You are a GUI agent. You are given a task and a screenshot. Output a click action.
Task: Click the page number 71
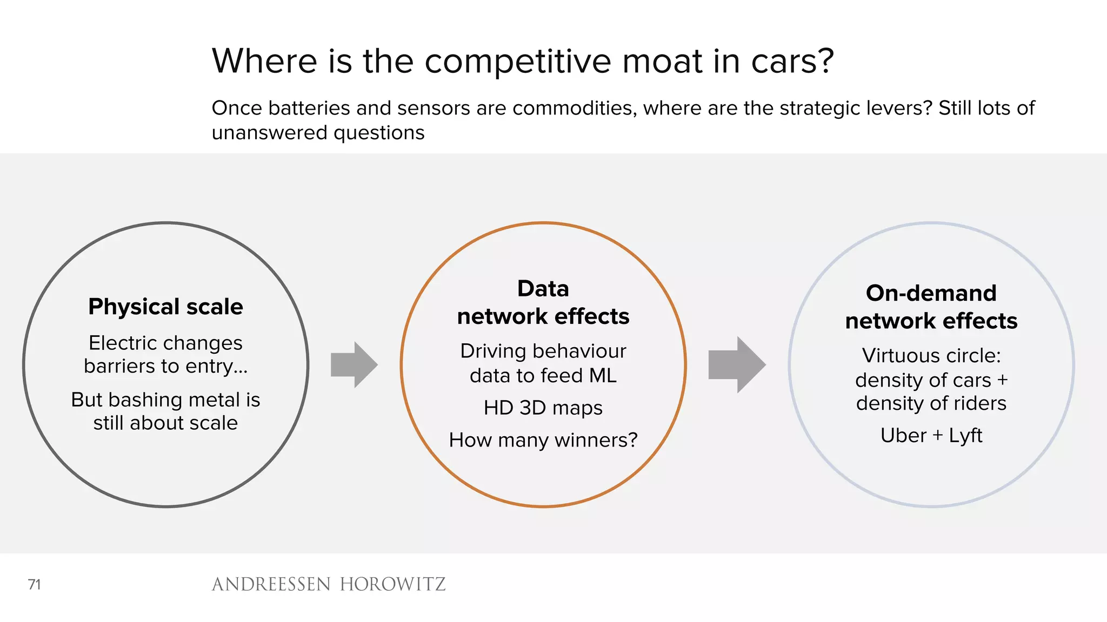(34, 584)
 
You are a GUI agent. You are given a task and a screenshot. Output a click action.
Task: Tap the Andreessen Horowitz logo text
(329, 584)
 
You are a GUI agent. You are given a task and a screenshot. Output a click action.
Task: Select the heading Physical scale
(165, 307)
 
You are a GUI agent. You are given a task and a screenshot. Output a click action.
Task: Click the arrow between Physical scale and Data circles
(354, 364)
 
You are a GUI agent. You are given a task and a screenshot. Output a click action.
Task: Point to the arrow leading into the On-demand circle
(737, 364)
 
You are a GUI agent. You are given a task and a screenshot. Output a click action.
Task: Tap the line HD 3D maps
(543, 408)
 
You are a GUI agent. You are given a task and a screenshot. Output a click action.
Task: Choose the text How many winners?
(543, 440)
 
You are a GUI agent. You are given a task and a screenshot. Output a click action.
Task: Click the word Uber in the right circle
(903, 435)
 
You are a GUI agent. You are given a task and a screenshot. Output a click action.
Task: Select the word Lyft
(965, 435)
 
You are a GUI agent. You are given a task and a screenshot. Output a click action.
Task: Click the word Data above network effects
(543, 289)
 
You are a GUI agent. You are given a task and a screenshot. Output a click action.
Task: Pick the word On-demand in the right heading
(931, 293)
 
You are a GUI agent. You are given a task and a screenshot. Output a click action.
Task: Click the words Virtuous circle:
(931, 356)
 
